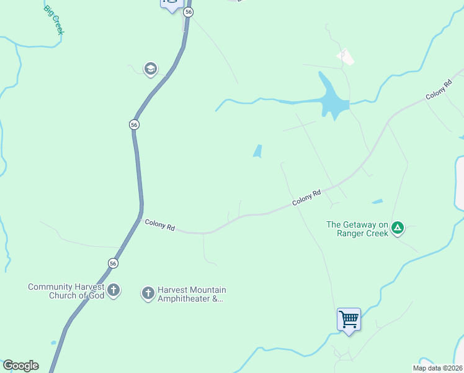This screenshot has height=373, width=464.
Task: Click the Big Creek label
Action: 53,20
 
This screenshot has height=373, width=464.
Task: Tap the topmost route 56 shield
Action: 189,12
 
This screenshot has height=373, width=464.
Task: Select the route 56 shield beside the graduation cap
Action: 134,125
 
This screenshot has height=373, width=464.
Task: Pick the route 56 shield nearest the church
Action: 112,263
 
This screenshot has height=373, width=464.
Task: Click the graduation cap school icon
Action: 150,68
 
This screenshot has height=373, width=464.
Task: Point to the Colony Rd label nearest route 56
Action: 159,224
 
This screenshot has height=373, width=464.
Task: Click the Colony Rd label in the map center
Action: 306,198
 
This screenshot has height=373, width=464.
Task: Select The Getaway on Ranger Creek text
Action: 357,229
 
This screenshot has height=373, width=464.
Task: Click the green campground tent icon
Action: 398,229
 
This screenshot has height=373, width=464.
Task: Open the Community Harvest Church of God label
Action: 66,291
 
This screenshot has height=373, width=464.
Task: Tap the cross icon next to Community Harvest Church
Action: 113,290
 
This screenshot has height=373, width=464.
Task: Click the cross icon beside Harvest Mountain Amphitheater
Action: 148,293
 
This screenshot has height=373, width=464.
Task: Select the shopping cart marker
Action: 349,320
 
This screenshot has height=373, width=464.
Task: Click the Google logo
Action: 20,366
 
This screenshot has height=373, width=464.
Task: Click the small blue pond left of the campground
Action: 377,202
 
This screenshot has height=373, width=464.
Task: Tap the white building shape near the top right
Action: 346,58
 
